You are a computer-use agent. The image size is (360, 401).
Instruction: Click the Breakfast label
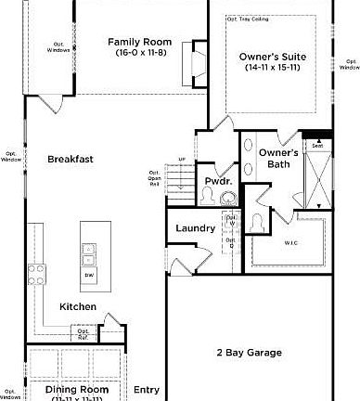click(x=71, y=159)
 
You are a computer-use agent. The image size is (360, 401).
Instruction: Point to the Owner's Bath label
click(x=278, y=159)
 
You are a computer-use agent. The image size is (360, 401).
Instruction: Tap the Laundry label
click(x=196, y=226)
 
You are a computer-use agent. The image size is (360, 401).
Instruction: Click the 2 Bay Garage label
click(x=249, y=353)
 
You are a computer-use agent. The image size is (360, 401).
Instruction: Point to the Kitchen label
click(x=79, y=306)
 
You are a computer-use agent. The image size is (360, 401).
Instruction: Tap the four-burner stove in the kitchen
click(x=38, y=273)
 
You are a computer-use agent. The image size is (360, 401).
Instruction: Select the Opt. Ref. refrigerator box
click(x=84, y=331)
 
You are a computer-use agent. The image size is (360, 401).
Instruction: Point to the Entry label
click(x=147, y=389)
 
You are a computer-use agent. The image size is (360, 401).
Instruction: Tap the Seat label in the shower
click(x=317, y=145)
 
